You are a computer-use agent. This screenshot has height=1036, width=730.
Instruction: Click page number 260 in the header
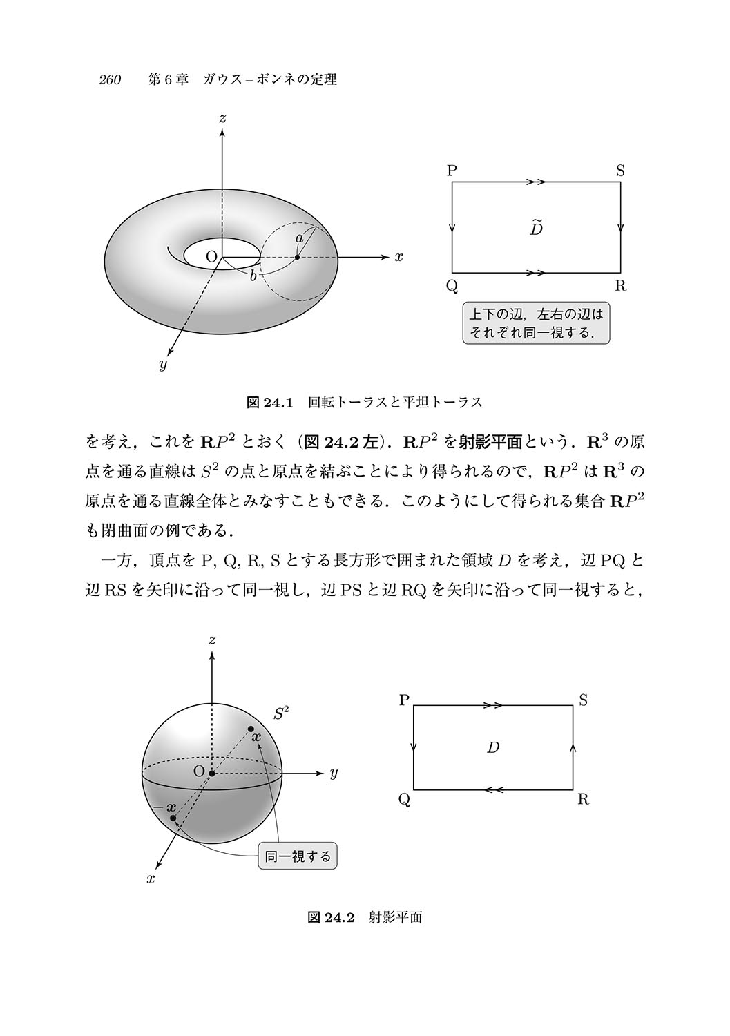110,80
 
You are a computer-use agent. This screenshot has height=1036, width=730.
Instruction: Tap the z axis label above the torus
222,119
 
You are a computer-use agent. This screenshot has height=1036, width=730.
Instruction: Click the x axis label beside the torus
398,257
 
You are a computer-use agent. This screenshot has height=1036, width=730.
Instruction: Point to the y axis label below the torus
163,365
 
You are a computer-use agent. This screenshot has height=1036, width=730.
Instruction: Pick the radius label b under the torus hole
253,276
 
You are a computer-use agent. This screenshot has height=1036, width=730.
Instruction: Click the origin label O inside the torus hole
212,257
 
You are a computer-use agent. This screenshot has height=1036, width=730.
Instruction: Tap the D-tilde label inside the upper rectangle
536,227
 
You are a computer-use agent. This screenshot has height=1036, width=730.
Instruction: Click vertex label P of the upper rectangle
452,171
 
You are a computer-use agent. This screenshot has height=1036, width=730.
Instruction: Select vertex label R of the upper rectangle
620,286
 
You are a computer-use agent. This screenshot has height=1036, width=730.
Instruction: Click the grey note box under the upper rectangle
536,323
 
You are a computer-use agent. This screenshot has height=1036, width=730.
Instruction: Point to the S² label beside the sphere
281,713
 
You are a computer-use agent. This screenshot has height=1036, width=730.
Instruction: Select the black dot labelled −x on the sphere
173,818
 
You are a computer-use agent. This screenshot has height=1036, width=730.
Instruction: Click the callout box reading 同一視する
298,857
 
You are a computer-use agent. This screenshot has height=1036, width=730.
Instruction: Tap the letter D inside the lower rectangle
492,747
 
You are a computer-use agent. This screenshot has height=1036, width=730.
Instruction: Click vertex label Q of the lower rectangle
405,800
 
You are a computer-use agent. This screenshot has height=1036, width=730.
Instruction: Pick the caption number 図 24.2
330,917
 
